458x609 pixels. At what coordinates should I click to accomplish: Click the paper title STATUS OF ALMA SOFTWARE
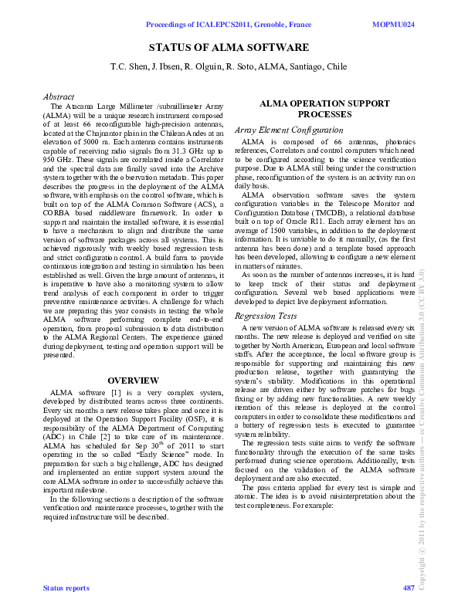pyautogui.click(x=229, y=48)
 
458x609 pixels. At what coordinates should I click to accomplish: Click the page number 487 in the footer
pyautogui.click(x=409, y=588)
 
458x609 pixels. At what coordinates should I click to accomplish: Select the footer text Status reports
pyautogui.click(x=66, y=588)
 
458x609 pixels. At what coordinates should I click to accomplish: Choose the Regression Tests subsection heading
pyautogui.click(x=265, y=316)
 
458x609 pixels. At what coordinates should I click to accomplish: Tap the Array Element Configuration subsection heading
pyautogui.click(x=288, y=130)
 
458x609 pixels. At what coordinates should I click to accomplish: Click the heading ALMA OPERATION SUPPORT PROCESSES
pyautogui.click(x=319, y=108)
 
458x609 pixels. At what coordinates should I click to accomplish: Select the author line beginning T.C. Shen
pyautogui.click(x=229, y=67)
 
